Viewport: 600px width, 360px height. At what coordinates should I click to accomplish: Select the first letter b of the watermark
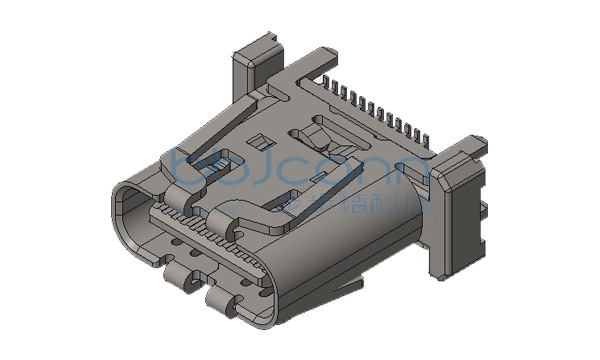click(x=182, y=166)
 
